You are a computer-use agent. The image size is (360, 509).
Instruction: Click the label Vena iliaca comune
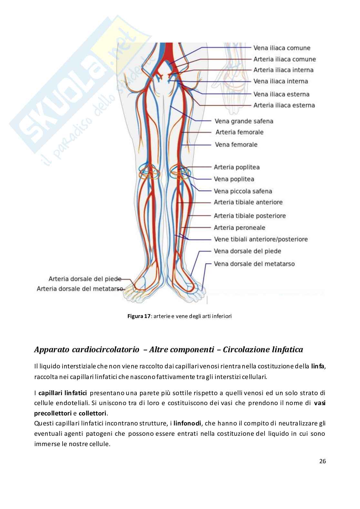[282, 48]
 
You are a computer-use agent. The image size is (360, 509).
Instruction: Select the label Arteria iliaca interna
[283, 70]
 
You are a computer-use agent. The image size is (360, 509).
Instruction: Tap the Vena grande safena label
[244, 121]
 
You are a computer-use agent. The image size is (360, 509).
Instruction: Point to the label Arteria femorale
[239, 132]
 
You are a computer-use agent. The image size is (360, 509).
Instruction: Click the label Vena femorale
[236, 145]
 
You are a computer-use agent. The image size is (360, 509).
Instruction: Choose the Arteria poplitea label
[236, 167]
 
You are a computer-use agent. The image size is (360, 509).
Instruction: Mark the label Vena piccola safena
[243, 191]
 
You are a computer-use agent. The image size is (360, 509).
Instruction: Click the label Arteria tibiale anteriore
[248, 202]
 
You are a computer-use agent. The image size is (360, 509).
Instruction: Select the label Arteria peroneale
[239, 228]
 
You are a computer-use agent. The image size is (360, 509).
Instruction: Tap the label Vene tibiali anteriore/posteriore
[261, 239]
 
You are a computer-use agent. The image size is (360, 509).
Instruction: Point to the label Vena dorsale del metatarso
[254, 264]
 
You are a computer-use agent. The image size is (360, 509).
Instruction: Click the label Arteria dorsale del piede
[85, 279]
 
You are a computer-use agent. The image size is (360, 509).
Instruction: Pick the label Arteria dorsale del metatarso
[80, 289]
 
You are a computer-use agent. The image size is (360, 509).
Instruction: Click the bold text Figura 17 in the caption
[139, 316]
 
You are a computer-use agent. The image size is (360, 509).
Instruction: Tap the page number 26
[323, 461]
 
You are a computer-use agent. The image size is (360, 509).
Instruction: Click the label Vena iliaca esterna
[281, 94]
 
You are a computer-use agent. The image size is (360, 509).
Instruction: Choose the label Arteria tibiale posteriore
[250, 216]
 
